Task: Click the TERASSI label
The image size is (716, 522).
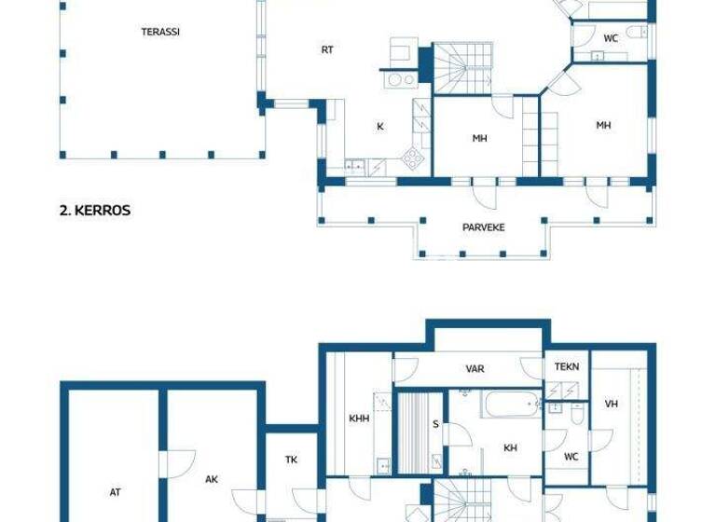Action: tap(160, 32)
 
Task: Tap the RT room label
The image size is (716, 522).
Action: tap(327, 50)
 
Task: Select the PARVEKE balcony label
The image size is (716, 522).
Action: tap(484, 227)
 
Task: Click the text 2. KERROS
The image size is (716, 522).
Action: tap(95, 211)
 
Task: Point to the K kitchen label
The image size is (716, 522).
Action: tap(380, 127)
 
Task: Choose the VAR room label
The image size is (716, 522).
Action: tap(475, 369)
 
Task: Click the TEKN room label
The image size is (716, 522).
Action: tap(567, 367)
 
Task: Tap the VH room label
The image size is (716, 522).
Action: tap(612, 404)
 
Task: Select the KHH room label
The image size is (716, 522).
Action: tap(359, 419)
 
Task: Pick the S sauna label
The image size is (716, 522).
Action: tap(435, 425)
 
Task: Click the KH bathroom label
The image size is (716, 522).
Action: tap(510, 448)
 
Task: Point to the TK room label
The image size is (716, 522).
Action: tap(291, 460)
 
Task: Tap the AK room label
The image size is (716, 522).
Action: tap(212, 479)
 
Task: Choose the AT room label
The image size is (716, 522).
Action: tap(115, 492)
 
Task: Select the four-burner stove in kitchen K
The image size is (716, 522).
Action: tap(410, 158)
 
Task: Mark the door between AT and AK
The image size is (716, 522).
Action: tap(166, 463)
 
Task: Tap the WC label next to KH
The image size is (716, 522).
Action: tap(571, 457)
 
